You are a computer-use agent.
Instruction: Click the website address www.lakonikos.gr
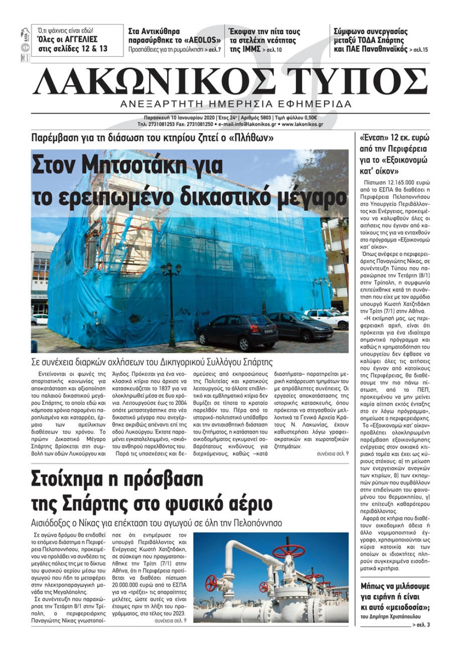302,124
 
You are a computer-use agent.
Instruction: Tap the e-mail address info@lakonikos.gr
248,124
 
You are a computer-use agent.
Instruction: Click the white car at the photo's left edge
39,319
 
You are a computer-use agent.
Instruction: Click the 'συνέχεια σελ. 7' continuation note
332,454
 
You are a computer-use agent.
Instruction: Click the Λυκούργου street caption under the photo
152,362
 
